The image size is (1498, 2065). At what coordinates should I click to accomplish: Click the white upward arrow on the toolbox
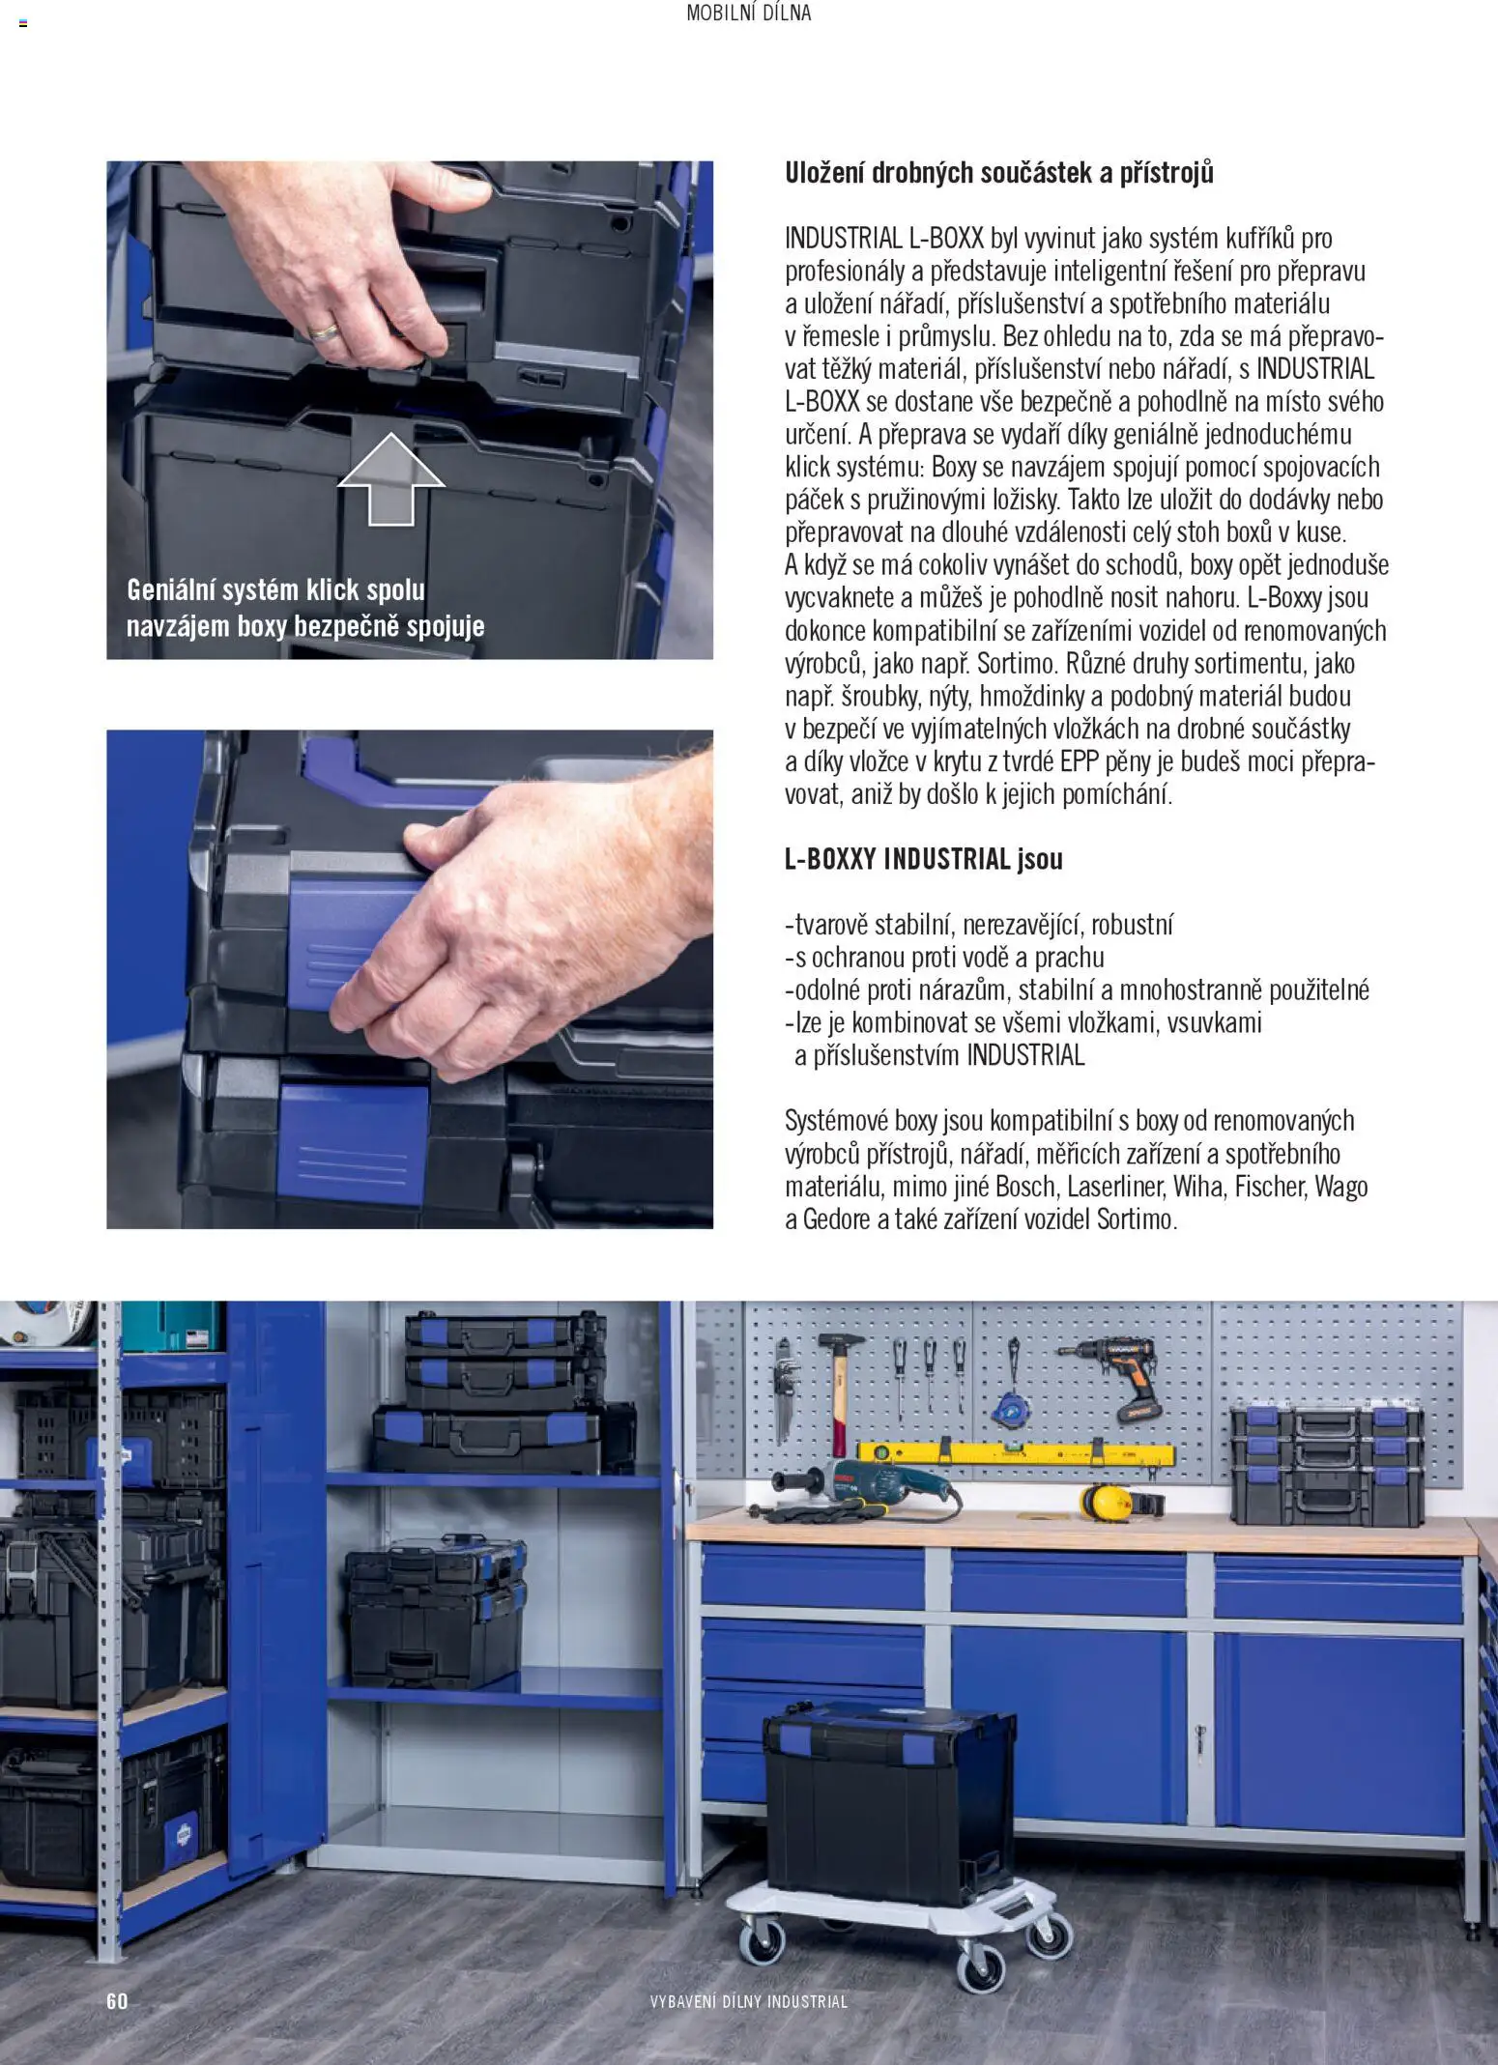coord(390,479)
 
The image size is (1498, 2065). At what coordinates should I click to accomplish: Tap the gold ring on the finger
coord(325,332)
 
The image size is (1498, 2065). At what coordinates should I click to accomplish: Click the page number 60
coord(117,2000)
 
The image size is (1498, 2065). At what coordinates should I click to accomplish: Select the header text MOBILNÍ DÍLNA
coord(749,14)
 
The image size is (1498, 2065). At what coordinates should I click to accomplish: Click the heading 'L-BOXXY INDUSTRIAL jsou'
coord(923,859)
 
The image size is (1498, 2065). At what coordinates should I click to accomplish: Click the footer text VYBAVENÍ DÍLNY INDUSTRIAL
coord(749,2001)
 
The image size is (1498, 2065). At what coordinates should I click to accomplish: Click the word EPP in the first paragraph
coord(1080,761)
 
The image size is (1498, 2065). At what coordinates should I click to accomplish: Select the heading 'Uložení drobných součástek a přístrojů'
coord(999,173)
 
